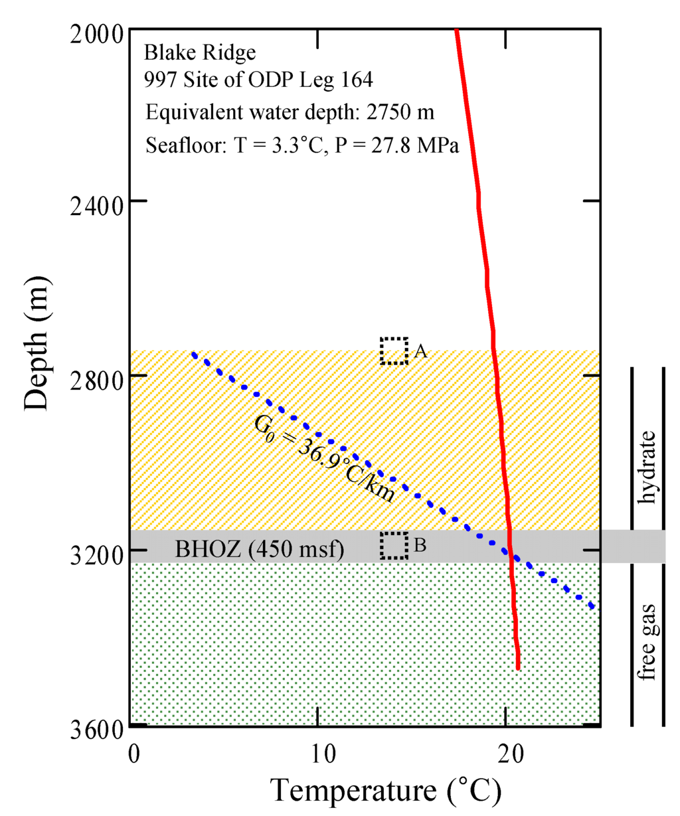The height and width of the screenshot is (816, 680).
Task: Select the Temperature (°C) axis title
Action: pos(385,791)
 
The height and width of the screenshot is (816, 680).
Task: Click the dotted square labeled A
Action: pos(394,351)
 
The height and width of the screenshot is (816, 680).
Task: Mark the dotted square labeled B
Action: pos(394,545)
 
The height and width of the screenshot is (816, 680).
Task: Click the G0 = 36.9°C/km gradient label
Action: pos(325,459)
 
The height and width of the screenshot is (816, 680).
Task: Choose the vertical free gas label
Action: pos(646,641)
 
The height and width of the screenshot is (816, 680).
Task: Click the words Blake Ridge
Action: pos(200,52)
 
